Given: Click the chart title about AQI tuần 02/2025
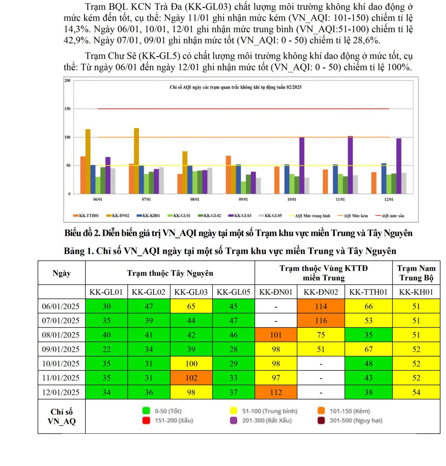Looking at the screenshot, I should click(235, 87).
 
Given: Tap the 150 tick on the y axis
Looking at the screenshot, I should click(67, 109).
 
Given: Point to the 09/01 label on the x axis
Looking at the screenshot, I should click(243, 199).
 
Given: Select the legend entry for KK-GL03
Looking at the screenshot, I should click(243, 216).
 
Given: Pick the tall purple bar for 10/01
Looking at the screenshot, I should click(302, 165).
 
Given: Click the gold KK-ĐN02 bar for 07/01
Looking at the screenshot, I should click(136, 161).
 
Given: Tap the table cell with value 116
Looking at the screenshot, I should click(321, 320).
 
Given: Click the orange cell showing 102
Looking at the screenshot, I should click(191, 378).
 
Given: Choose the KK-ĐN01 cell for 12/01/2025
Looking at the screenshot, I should click(276, 392).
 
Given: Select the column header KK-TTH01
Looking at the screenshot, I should click(368, 292).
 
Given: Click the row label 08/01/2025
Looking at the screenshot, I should click(61, 335).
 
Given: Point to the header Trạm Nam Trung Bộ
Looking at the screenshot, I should click(416, 273).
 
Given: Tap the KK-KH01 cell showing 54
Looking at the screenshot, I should click(416, 392).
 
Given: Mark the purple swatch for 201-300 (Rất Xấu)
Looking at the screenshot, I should click(234, 420).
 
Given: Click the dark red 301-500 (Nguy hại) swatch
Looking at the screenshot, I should click(321, 420).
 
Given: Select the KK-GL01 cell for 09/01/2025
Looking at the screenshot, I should click(107, 349).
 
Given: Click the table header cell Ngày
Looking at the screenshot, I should click(61, 273).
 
